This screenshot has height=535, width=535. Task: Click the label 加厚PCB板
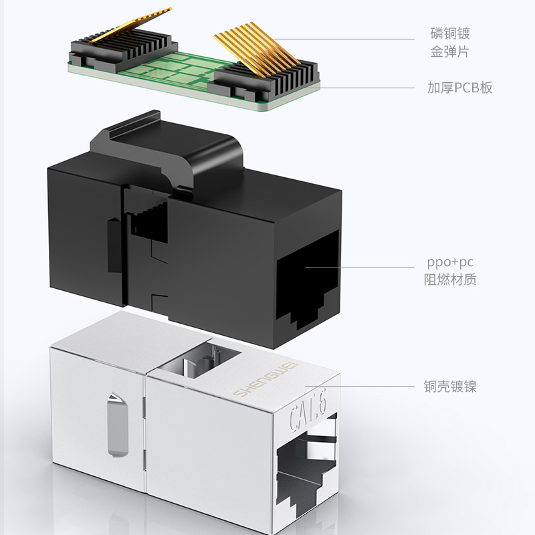click(460, 88)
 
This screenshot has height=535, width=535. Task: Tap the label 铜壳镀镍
click(450, 386)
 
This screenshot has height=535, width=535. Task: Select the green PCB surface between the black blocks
click(181, 71)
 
